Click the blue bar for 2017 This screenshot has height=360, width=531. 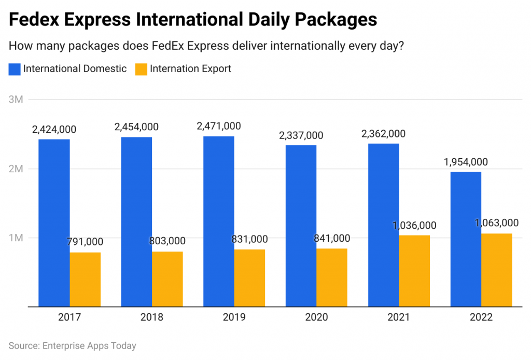(x=54, y=223)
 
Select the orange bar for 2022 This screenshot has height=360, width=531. (x=497, y=270)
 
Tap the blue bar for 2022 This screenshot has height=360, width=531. (x=466, y=239)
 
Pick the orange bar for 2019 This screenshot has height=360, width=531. (x=249, y=278)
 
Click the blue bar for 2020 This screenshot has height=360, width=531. (x=301, y=226)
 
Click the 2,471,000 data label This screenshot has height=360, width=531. (x=218, y=126)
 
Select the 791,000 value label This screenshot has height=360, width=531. (x=85, y=242)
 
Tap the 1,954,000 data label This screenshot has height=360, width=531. (x=466, y=162)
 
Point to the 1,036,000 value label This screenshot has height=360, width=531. (x=414, y=225)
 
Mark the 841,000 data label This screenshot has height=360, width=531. (x=332, y=238)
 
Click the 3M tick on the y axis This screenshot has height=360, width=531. (x=16, y=99)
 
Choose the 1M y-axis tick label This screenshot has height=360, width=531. (x=16, y=238)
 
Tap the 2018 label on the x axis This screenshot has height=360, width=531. (x=152, y=317)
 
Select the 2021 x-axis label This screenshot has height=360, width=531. (x=399, y=317)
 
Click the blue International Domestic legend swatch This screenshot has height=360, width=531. (x=15, y=69)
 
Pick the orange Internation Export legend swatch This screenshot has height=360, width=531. (x=141, y=69)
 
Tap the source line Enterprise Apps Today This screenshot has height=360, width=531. (x=72, y=345)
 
